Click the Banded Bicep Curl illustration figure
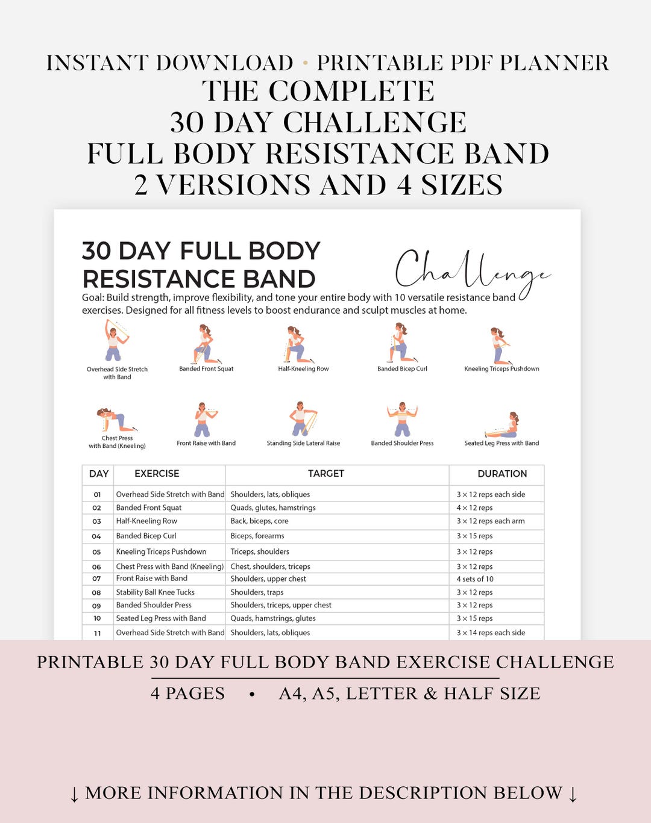[400, 343]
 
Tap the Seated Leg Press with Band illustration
[503, 425]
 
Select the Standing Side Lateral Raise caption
[303, 443]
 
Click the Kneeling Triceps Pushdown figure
[500, 346]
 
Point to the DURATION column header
[502, 474]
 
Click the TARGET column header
[325, 474]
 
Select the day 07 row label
[96, 579]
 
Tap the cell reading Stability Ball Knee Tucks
[156, 592]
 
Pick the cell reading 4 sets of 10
[475, 579]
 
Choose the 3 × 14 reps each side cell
[491, 633]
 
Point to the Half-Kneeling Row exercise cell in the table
[146, 521]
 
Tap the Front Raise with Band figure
[204, 420]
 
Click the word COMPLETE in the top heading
[351, 92]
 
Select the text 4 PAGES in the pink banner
[187, 694]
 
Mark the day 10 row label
[97, 618]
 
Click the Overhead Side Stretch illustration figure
[115, 341]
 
